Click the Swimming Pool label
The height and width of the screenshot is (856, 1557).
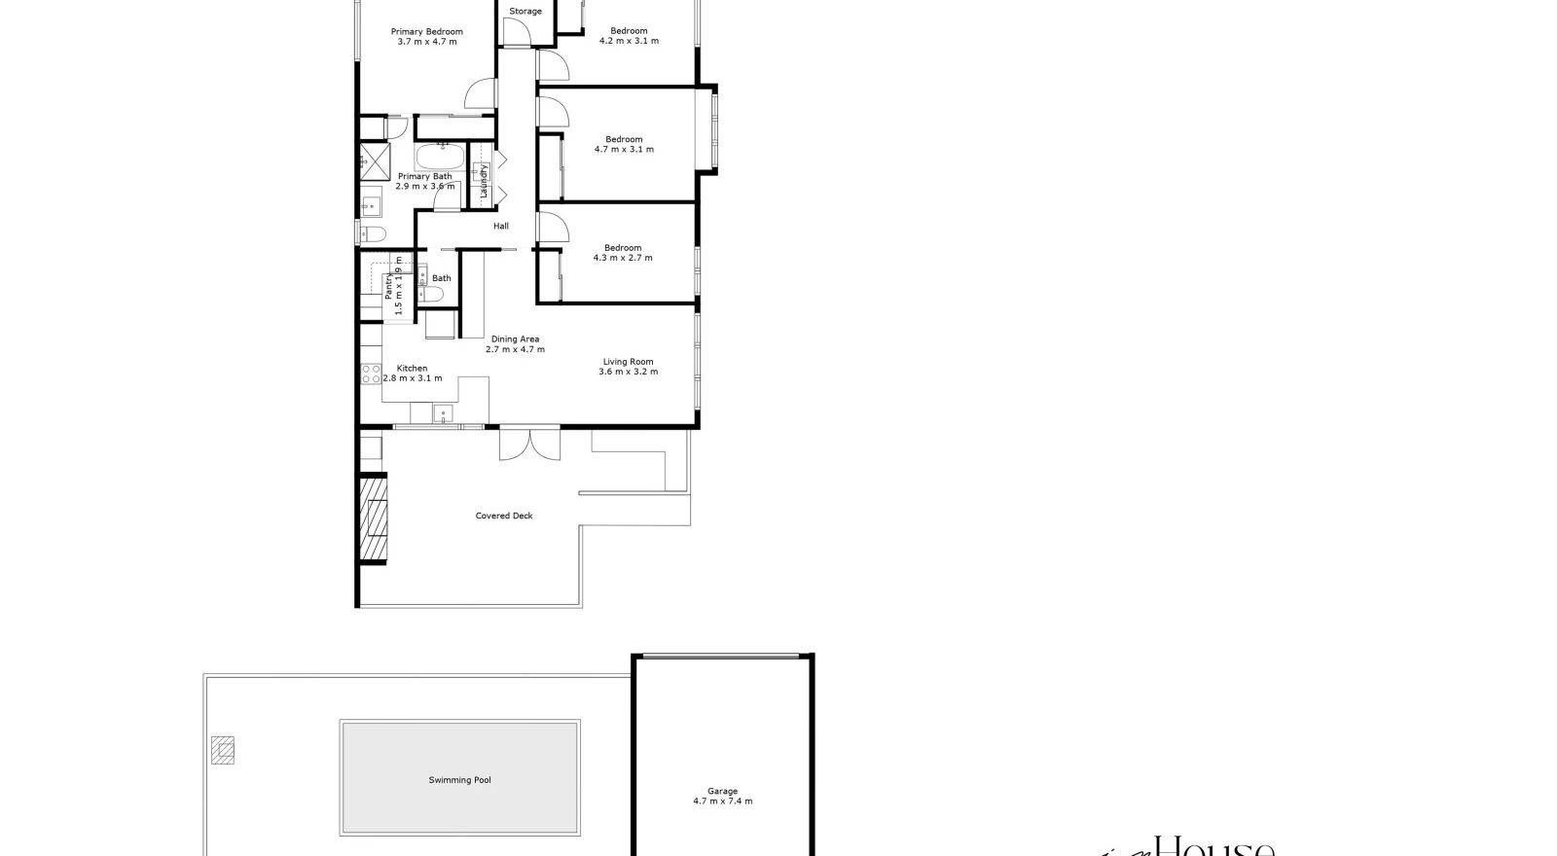pos(459,780)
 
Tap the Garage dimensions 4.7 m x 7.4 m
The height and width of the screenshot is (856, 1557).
pos(722,802)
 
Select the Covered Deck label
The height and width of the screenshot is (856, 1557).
pos(504,516)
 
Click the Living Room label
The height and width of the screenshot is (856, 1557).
pos(628,362)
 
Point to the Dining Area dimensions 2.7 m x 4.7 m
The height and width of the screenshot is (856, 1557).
pos(515,349)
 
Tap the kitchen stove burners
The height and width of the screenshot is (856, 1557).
pos(370,374)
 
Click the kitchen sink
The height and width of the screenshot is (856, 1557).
pos(444,413)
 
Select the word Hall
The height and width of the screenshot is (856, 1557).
pos(500,226)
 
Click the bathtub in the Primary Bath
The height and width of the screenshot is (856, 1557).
pos(441,156)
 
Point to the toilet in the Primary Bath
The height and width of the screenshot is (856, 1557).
pos(371,232)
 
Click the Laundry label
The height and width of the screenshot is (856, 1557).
pos(483,181)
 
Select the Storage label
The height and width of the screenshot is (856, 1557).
pos(525,12)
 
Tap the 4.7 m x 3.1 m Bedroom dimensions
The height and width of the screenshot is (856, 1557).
pos(624,150)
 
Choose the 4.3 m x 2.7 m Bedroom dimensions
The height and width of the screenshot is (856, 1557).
pos(623,258)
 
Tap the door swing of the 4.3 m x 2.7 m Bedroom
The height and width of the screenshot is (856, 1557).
pos(553,226)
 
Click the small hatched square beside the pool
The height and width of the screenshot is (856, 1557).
pos(222,749)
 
